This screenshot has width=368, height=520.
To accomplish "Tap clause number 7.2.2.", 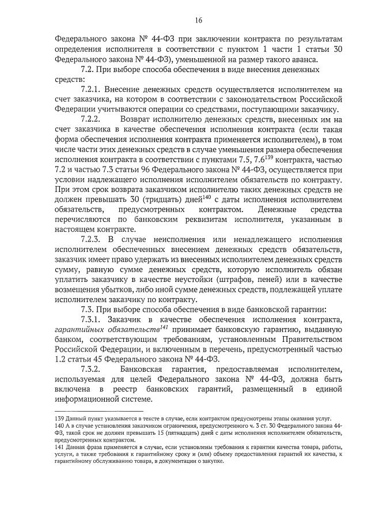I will click(x=93, y=120).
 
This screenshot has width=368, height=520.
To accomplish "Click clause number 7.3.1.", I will click(x=93, y=319).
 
